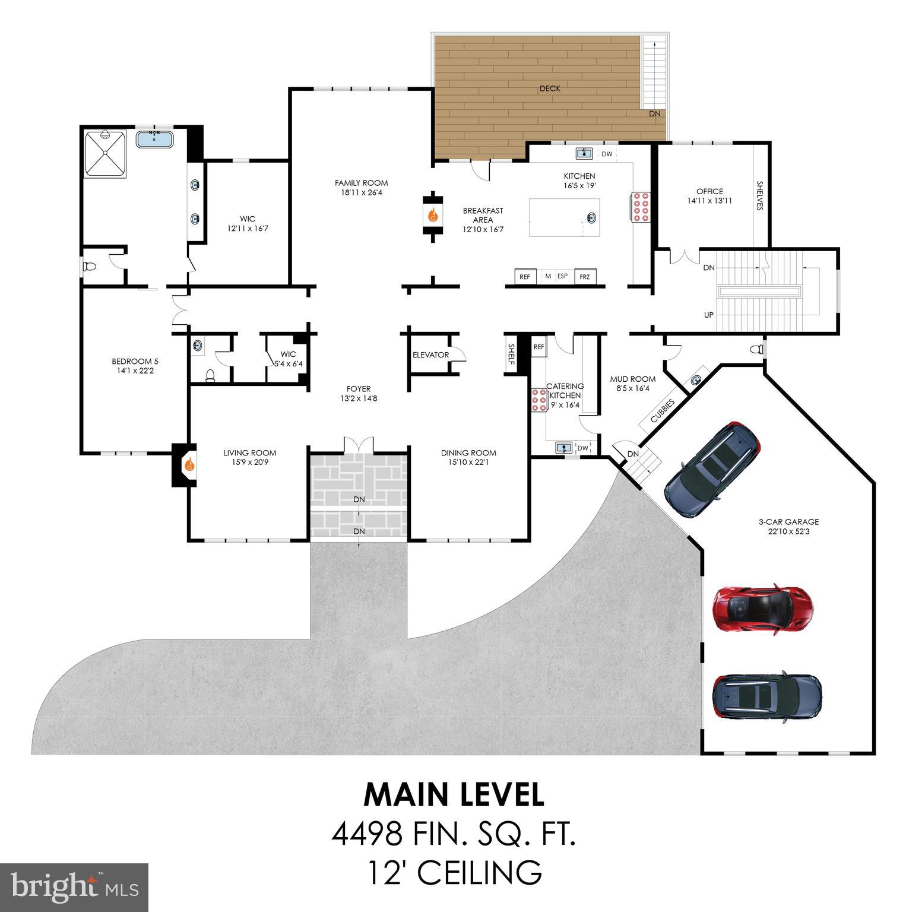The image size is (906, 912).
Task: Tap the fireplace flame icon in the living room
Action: point(189,464)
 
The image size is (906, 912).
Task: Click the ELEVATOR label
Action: point(430,355)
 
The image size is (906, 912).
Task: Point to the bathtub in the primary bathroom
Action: point(154,140)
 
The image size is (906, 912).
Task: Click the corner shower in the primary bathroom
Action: point(105,153)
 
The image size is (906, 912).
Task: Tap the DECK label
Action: point(549,88)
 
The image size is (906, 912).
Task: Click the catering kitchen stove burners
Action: point(539,400)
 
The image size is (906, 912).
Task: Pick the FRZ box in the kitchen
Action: point(585,277)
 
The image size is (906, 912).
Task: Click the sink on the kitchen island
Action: point(591,217)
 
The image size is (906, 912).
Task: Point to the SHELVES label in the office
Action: point(759,196)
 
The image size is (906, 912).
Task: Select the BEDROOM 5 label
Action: point(135,362)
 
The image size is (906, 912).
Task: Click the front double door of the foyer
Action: point(359,444)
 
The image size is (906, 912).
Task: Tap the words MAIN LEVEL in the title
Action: point(454,795)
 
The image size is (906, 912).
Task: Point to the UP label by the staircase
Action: point(708,315)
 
